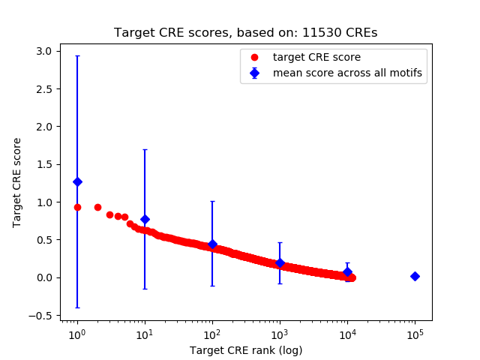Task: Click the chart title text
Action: coord(245,33)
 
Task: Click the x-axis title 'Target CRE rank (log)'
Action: coord(245,349)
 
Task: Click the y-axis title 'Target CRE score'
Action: coord(17,182)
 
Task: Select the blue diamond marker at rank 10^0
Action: coord(77,181)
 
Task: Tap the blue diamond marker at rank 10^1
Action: coord(145,219)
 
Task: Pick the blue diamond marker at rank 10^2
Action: coord(212,244)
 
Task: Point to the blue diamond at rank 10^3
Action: coord(280,262)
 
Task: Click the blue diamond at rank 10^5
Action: coord(415,276)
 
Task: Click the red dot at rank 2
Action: coord(97,207)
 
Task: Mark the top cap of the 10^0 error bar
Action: coord(77,55)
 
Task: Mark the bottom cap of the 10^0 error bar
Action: coord(77,307)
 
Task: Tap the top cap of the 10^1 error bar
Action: coord(145,149)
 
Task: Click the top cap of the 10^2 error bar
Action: coord(212,201)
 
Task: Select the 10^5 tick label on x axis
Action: coord(415,334)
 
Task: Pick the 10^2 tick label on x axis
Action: coord(212,334)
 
